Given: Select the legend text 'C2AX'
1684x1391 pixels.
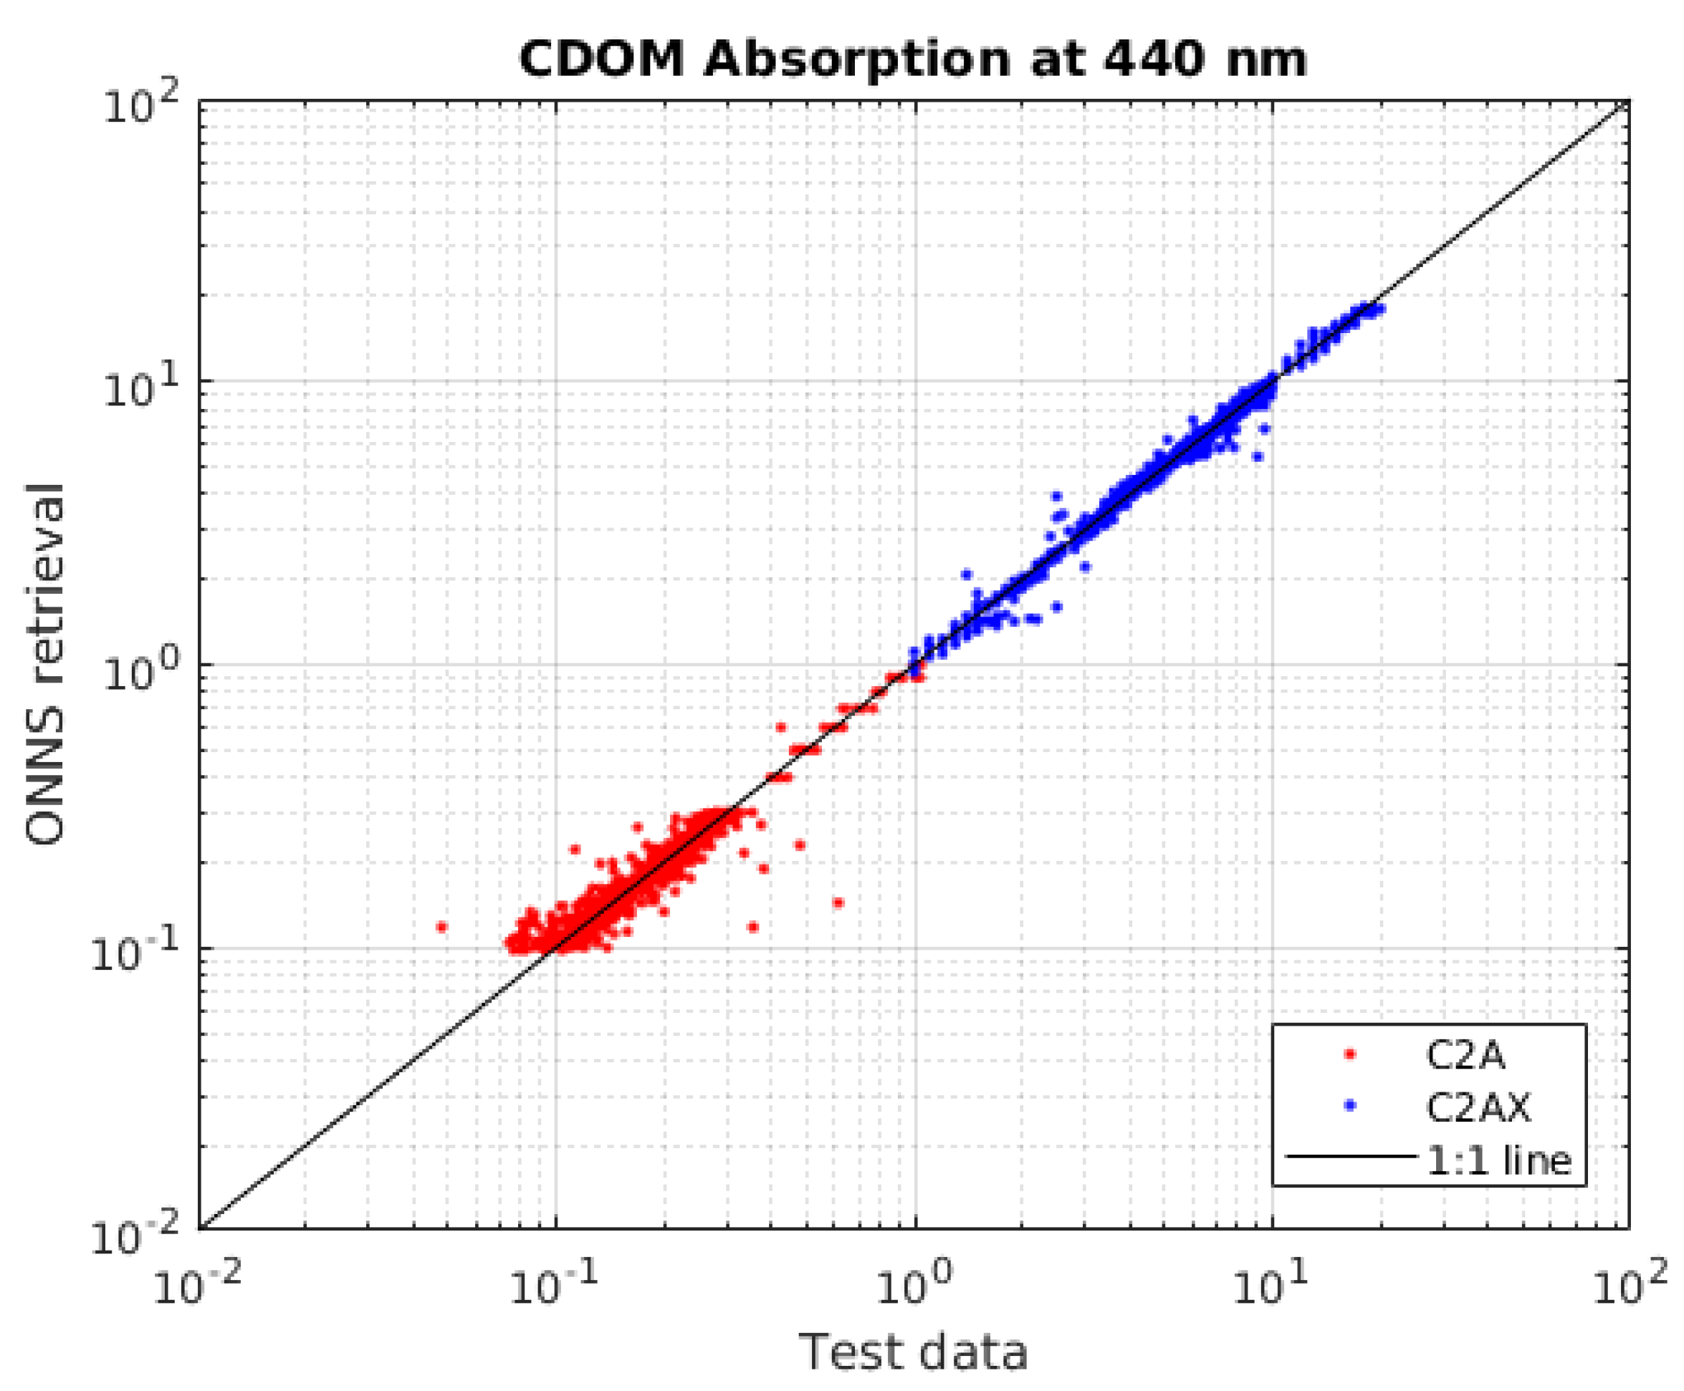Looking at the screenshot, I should point(1477,1107).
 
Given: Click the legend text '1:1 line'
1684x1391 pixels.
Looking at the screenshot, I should point(1498,1160).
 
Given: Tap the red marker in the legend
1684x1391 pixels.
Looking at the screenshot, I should point(1350,1055).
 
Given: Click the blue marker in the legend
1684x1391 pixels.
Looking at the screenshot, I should point(1350,1107).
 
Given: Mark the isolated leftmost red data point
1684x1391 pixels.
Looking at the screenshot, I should point(441,927).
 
